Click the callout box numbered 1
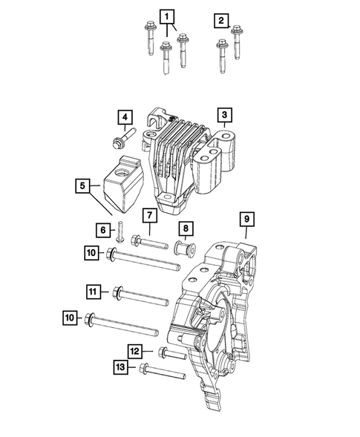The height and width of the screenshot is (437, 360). click(168, 17)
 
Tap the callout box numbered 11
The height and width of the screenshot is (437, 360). click(94, 293)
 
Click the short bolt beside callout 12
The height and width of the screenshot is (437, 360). click(170, 352)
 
